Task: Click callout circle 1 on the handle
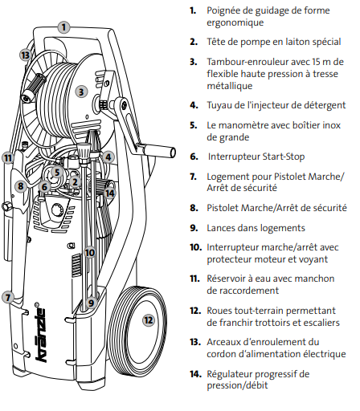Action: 63,27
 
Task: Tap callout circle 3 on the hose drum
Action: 81,92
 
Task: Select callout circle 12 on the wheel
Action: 149,320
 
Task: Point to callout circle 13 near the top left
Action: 26,55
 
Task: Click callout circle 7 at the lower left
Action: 8,297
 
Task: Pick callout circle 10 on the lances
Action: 90,252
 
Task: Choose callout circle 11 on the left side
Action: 8,158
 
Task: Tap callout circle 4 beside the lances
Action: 108,157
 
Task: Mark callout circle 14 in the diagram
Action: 110,193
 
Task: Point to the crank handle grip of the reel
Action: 159,151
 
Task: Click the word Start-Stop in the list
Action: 284,157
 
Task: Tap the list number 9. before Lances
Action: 194,228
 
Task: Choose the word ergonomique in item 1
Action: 235,22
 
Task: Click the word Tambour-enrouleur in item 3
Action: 247,62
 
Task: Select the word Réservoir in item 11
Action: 227,279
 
